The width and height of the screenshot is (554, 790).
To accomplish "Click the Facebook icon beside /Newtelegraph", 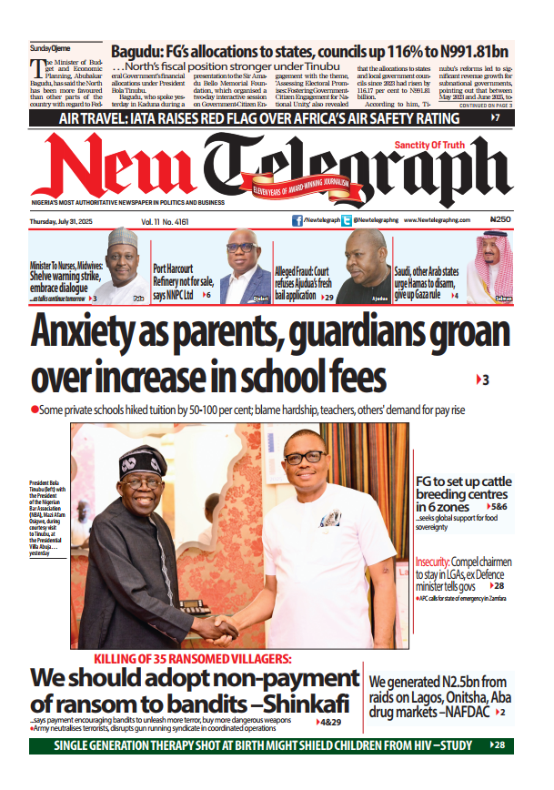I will click(297, 220).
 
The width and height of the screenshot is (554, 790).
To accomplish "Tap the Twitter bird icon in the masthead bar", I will click(350, 220).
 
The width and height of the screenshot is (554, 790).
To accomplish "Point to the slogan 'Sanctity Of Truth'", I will click(429, 146).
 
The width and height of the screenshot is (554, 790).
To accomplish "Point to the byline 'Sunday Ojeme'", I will click(51, 47).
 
